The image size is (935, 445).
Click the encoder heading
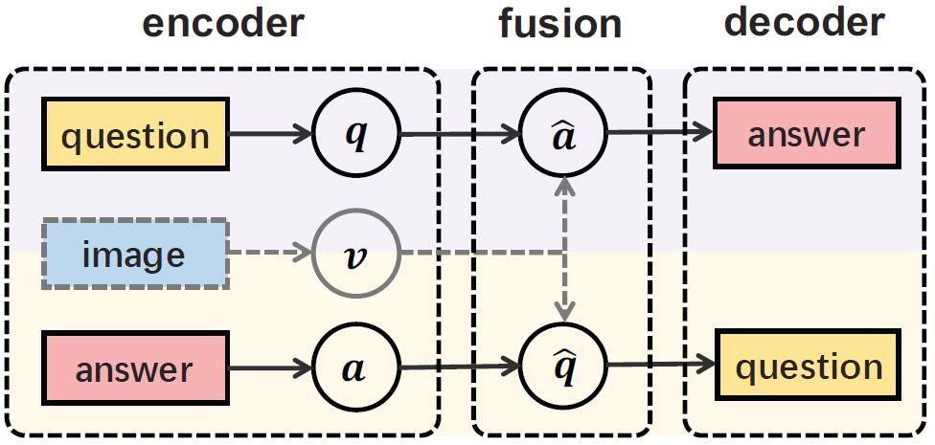[x=223, y=25]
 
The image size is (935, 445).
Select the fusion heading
[x=560, y=25]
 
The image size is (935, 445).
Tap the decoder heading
[x=804, y=23]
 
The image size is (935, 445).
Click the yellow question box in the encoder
[x=135, y=135]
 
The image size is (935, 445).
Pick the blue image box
[x=133, y=255]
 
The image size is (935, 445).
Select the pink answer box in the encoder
[x=133, y=368]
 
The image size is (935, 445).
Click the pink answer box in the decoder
[x=806, y=135]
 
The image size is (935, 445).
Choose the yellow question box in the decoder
[x=810, y=367]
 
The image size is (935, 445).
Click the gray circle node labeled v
[x=354, y=254]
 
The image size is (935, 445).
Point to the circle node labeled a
[x=354, y=368]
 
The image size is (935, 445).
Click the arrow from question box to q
[x=272, y=135]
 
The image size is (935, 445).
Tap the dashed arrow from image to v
[x=272, y=254]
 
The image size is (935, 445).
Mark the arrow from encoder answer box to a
[x=272, y=368]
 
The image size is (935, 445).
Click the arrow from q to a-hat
[x=460, y=136]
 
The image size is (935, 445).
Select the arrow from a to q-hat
[x=460, y=367]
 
